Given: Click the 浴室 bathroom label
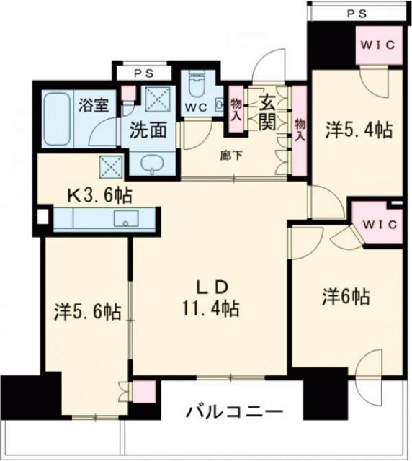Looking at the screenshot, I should click(x=94, y=105).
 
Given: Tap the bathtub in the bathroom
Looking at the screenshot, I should click(x=56, y=117).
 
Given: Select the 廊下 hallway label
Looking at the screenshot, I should click(x=229, y=153).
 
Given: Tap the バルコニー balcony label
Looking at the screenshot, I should click(x=234, y=413).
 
